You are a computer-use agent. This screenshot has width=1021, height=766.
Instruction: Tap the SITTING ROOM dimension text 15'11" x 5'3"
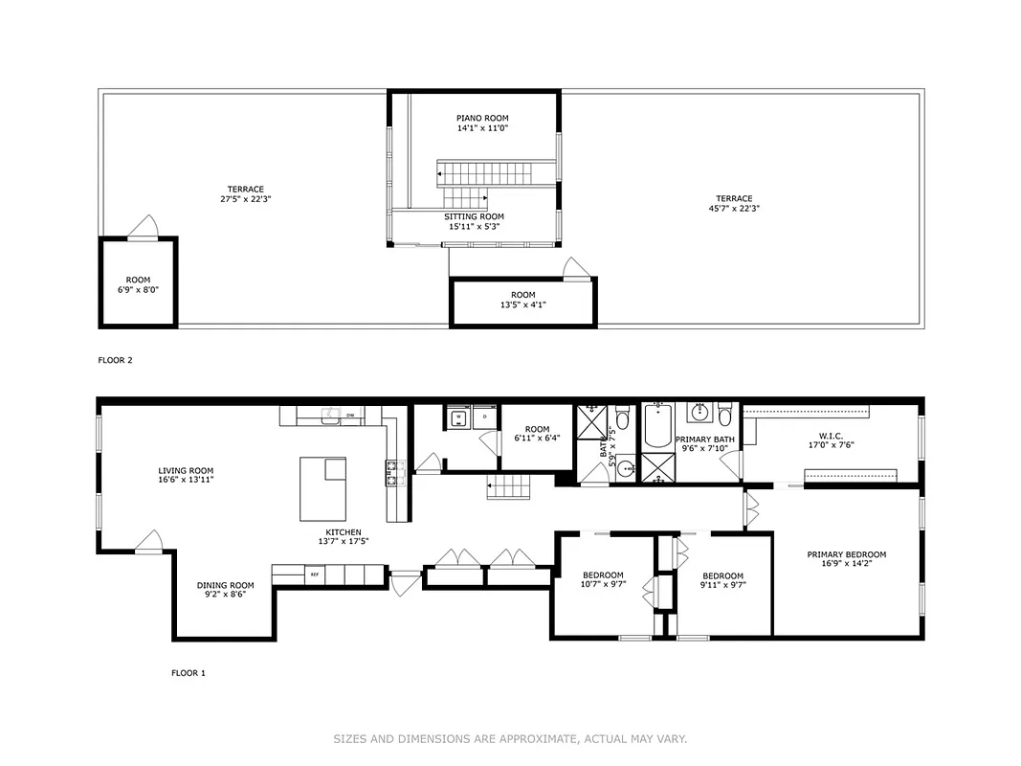474,227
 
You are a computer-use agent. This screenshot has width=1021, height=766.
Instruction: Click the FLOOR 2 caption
115,360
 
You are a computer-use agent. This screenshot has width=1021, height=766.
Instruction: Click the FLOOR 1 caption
188,673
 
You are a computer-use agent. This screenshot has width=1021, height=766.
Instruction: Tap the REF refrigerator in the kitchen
313,574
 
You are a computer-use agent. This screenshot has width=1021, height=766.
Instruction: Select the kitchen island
323,485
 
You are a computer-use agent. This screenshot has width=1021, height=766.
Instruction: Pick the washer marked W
458,417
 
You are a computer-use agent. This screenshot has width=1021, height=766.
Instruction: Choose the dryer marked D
485,417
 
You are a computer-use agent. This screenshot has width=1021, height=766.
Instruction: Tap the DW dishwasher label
350,415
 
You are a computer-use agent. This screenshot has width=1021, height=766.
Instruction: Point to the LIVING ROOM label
186,470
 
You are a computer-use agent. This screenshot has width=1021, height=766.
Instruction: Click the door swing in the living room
148,543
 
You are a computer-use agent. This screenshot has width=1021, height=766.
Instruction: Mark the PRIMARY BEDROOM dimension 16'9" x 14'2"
846,565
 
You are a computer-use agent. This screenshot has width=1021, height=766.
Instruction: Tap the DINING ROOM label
225,585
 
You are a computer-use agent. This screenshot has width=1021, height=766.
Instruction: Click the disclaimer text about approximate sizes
510,738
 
